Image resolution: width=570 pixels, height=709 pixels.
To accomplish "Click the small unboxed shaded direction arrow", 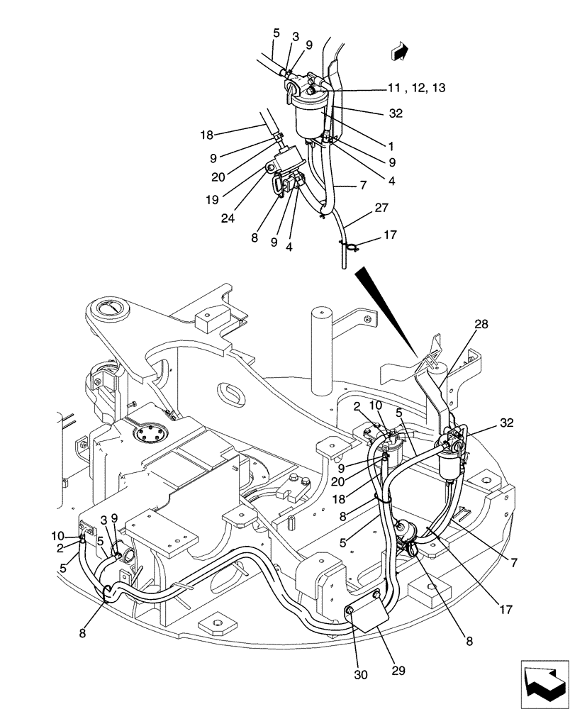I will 400,51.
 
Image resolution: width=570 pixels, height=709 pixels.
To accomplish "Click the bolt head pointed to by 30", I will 350,610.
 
